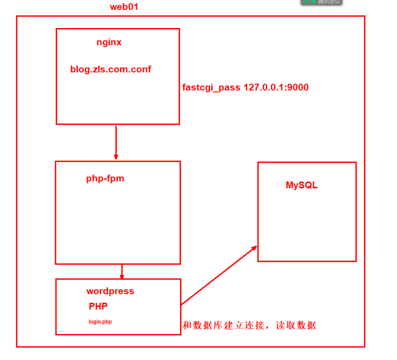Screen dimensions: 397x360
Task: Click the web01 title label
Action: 124,7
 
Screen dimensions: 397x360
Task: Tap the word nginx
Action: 109,43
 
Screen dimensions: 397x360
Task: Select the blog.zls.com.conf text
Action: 111,69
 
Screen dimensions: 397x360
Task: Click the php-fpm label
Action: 105,179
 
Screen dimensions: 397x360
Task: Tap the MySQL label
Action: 302,185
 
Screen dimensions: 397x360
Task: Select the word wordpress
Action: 110,291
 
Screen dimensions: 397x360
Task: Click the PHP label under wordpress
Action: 98,306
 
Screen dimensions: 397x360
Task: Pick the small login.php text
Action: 100,322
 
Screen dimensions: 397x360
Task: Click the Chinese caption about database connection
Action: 249,326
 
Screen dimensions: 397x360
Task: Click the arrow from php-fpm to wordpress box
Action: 121,271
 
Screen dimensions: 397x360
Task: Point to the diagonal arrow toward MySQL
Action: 218,275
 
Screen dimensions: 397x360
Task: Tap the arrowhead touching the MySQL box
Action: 254,248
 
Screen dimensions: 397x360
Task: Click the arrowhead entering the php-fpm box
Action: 116,157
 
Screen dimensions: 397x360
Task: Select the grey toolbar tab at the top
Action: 321,2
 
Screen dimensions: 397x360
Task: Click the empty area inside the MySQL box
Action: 306,226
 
